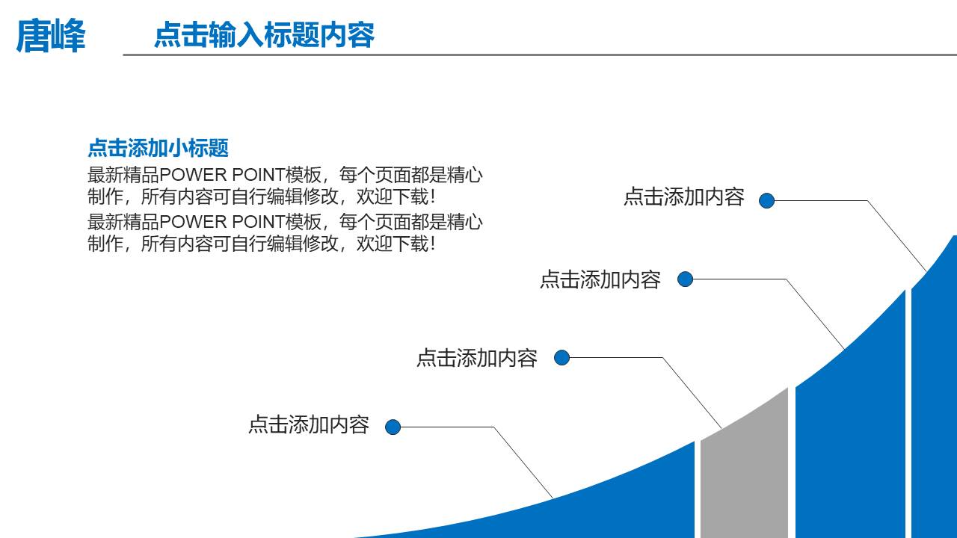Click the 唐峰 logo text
pos(51,36)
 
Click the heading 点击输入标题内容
pos(264,35)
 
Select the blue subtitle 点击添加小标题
pos(158,148)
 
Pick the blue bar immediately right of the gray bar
pos(849,448)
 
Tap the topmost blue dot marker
pos(766,200)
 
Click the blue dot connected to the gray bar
pos(561,358)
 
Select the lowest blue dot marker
pos(393,427)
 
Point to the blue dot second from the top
pos(685,279)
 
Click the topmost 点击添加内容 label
pos(683,197)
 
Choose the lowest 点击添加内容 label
pos(308,425)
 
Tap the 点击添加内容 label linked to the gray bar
pos(476,359)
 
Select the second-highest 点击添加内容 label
pos(600,280)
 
